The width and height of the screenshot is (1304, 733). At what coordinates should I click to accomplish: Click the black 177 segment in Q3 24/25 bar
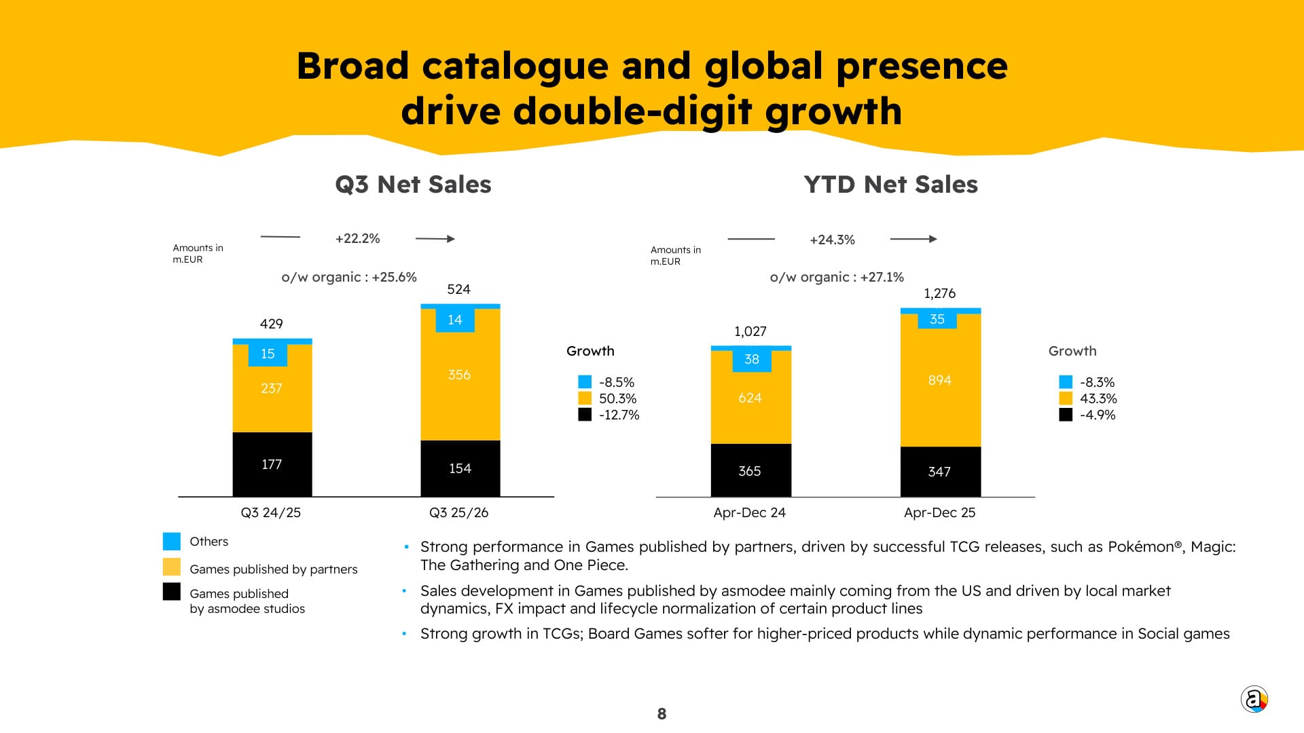click(x=272, y=464)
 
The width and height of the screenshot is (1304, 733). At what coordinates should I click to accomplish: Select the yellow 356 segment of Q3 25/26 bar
click(x=460, y=375)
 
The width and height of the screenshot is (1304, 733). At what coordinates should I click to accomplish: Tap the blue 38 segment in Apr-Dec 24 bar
click(x=751, y=359)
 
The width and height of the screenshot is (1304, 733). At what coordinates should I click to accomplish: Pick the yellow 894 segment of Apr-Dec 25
click(x=940, y=380)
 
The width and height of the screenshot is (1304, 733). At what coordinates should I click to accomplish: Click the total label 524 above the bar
click(x=458, y=289)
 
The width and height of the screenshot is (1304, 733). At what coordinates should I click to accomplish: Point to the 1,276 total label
click(x=939, y=293)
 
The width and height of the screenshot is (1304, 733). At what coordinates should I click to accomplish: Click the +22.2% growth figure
click(x=357, y=238)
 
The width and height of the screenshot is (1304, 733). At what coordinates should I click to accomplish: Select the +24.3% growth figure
click(x=832, y=240)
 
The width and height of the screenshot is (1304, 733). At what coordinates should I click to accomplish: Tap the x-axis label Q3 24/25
click(x=270, y=512)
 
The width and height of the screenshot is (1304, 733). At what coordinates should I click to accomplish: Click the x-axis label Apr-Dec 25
click(x=939, y=512)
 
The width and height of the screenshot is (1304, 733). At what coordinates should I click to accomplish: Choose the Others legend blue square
click(x=172, y=541)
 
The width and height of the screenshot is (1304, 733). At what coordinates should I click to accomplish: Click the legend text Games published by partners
click(x=273, y=569)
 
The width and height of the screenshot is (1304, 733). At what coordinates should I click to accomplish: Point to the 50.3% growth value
click(x=617, y=398)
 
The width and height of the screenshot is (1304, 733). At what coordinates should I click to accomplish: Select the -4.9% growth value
click(x=1098, y=415)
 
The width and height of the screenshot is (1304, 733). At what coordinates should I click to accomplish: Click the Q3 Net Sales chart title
click(x=413, y=185)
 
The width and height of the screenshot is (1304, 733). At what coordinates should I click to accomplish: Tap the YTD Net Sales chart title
click(x=890, y=185)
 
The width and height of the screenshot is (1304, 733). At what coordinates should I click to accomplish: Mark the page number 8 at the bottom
click(x=662, y=713)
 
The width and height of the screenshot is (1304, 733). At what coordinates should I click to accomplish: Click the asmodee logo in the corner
click(x=1254, y=699)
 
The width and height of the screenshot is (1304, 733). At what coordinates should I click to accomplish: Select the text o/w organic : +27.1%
click(x=837, y=277)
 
